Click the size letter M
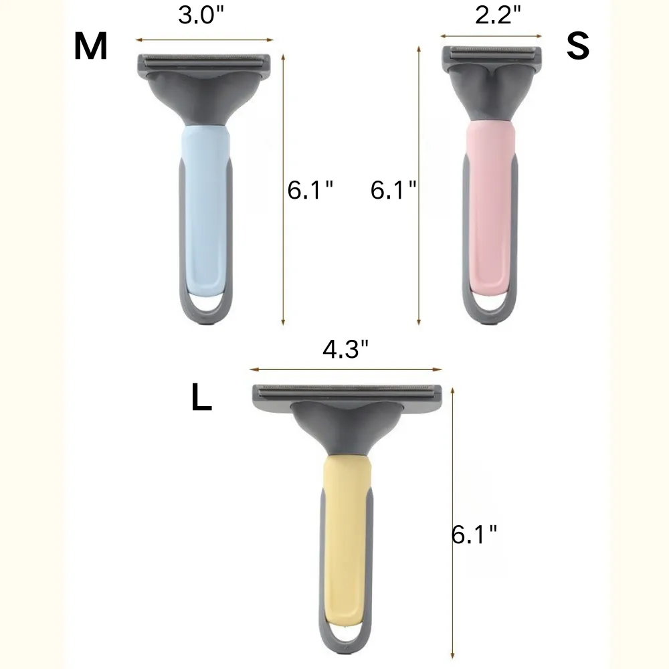tap(91, 47)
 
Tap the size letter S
tap(578, 46)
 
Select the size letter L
tap(201, 399)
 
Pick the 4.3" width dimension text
tap(346, 349)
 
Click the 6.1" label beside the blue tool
tap(310, 191)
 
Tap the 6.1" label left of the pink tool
tap(393, 191)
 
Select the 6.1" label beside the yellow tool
tap(475, 535)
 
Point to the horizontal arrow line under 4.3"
tap(346, 369)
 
